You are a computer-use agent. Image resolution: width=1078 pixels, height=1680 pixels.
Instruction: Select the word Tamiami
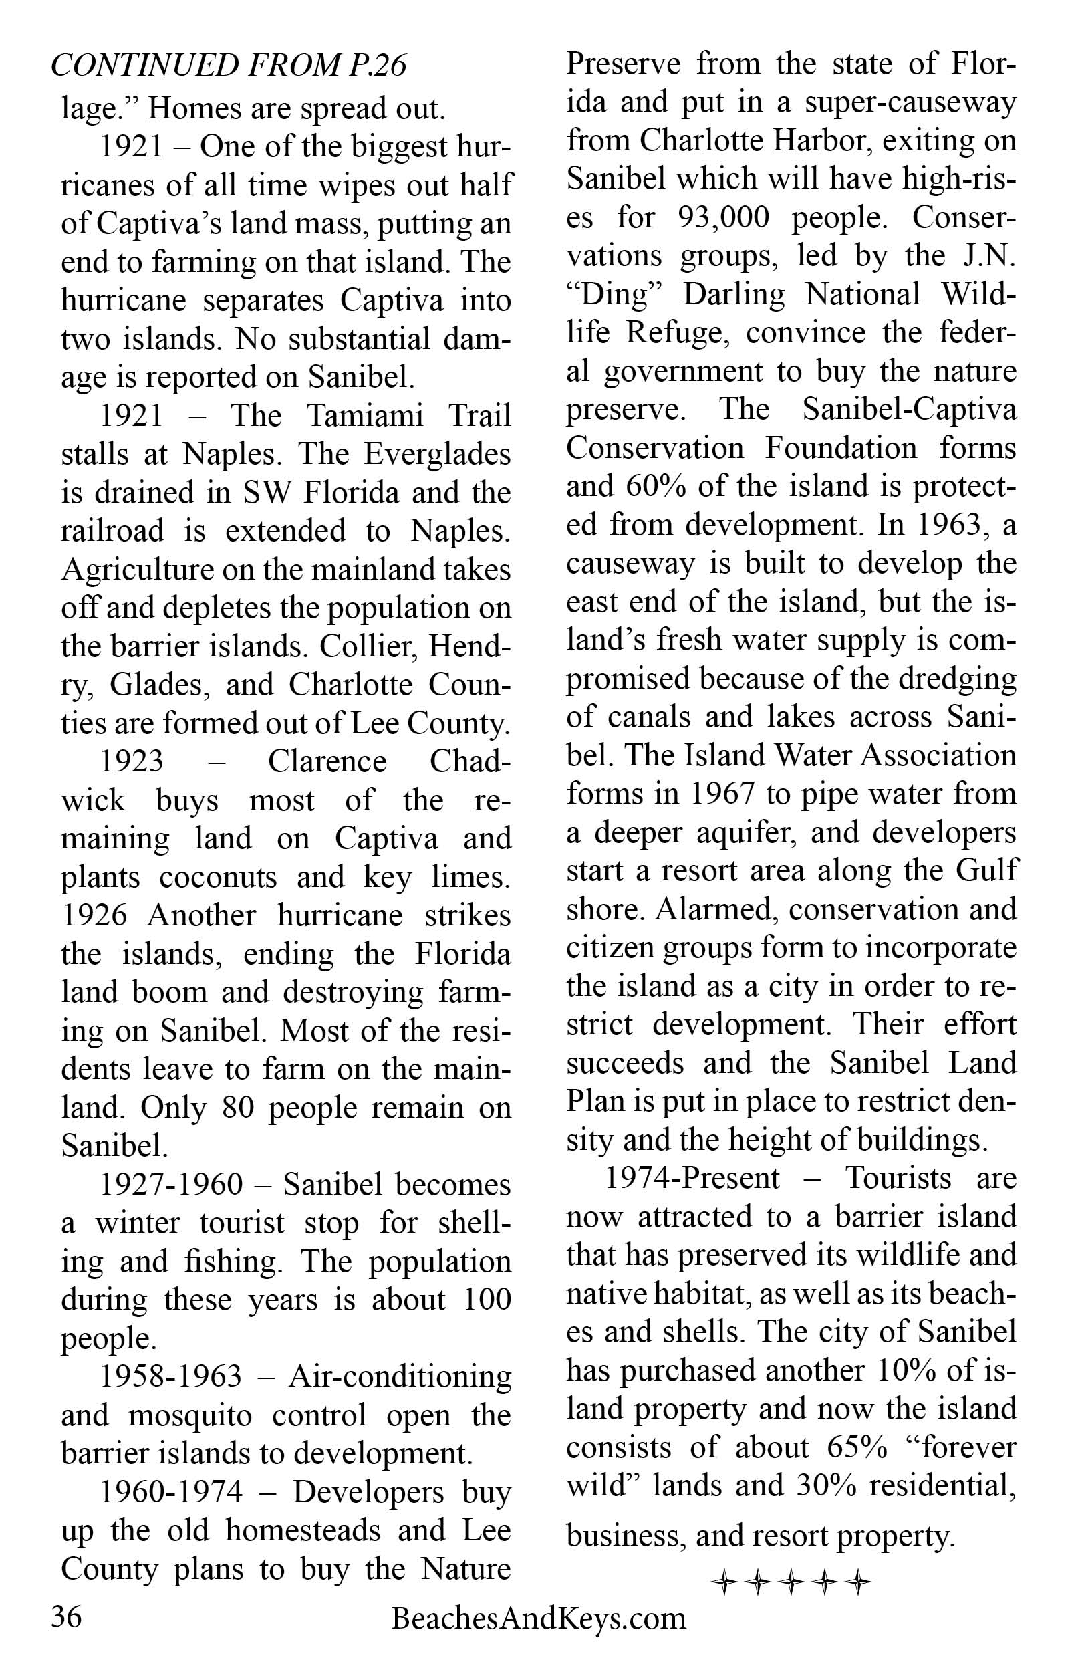pos(366,416)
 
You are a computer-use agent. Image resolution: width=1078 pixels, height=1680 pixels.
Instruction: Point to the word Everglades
pos(438,455)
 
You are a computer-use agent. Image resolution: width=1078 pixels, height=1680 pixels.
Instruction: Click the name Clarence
pos(327,761)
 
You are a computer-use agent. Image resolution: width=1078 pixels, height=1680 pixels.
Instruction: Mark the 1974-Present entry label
pos(692,1178)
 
